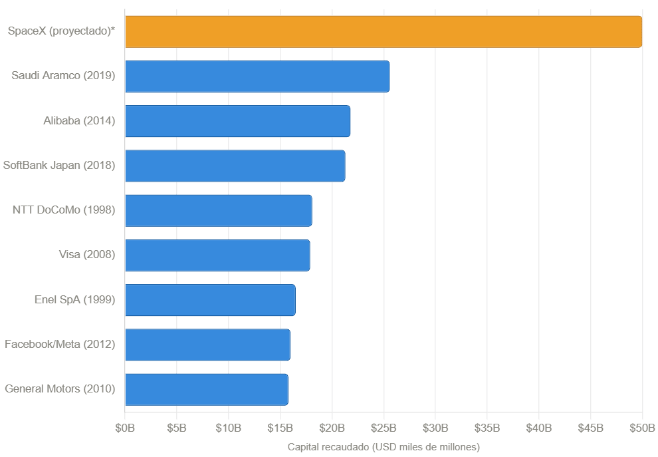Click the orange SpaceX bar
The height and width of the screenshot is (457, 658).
click(384, 31)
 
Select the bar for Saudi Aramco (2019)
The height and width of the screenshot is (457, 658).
click(257, 76)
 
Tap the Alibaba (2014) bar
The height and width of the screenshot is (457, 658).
click(237, 121)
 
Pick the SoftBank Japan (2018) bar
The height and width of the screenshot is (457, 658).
click(235, 166)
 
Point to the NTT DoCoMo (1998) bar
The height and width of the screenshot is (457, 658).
click(218, 210)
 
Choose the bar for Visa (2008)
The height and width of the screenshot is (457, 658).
click(217, 255)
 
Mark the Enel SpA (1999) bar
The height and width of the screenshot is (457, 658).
click(210, 300)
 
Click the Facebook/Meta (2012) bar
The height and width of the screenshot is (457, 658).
click(207, 345)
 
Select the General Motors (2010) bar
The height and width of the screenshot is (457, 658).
click(206, 389)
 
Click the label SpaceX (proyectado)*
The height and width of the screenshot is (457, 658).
click(62, 31)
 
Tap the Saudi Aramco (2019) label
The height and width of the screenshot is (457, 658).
click(63, 76)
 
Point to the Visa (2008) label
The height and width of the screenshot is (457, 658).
click(87, 255)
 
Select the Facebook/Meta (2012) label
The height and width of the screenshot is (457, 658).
click(60, 345)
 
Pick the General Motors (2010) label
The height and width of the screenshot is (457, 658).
click(60, 389)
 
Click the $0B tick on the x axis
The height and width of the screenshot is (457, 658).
click(125, 427)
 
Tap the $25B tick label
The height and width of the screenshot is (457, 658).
click(384, 427)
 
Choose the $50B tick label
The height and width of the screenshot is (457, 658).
click(642, 427)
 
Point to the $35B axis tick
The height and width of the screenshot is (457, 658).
click(487, 427)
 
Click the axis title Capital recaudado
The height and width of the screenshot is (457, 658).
click(384, 446)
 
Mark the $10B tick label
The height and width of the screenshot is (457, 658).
click(229, 427)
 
